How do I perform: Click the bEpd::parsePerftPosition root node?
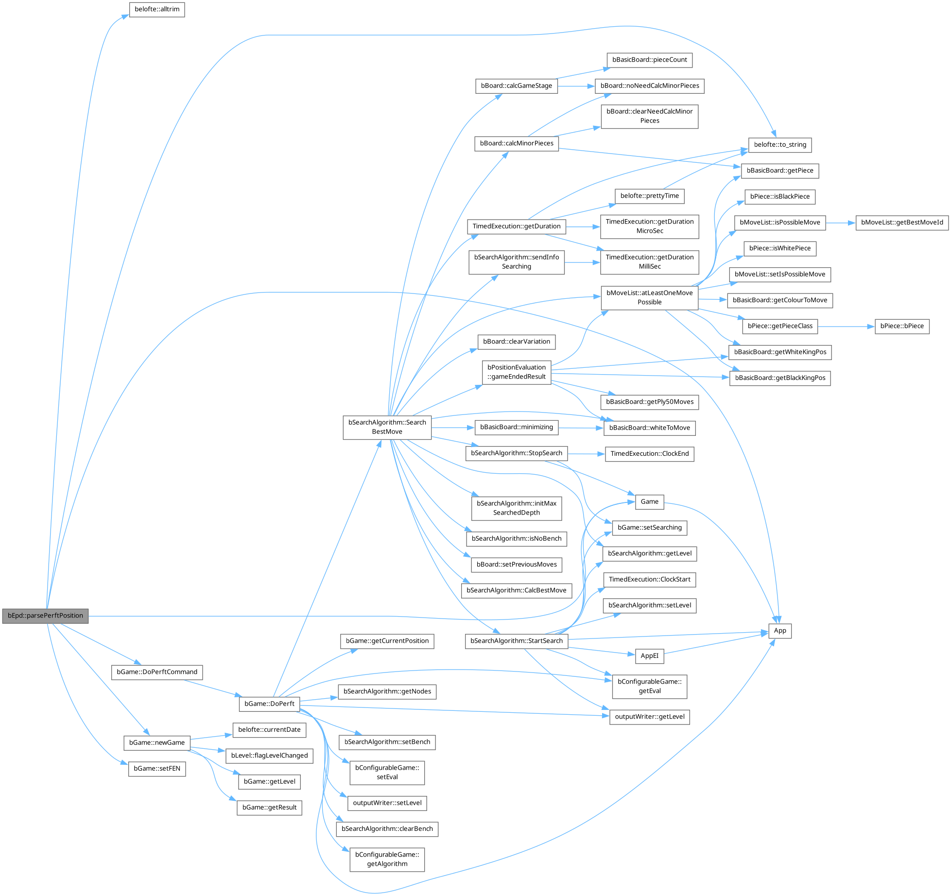point(45,616)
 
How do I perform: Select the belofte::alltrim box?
point(157,10)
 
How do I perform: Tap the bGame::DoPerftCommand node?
point(157,672)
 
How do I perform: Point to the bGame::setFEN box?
point(157,769)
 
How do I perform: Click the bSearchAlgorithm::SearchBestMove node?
point(387,427)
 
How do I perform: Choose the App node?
point(780,631)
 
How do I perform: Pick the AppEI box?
point(649,656)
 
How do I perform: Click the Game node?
point(649,502)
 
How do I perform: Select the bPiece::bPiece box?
point(902,326)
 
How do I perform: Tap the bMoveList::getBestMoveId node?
point(902,223)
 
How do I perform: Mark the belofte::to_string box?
point(780,145)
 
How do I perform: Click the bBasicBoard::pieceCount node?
point(649,60)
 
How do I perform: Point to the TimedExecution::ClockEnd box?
point(649,454)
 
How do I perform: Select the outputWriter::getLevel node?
point(649,717)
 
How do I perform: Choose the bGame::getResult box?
point(269,808)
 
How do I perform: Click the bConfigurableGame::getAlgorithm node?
point(387,859)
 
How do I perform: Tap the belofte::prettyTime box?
point(649,196)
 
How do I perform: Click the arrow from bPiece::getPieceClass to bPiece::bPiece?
point(846,327)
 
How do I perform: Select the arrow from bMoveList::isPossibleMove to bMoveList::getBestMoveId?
point(840,223)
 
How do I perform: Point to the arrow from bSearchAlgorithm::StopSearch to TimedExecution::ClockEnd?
point(586,454)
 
